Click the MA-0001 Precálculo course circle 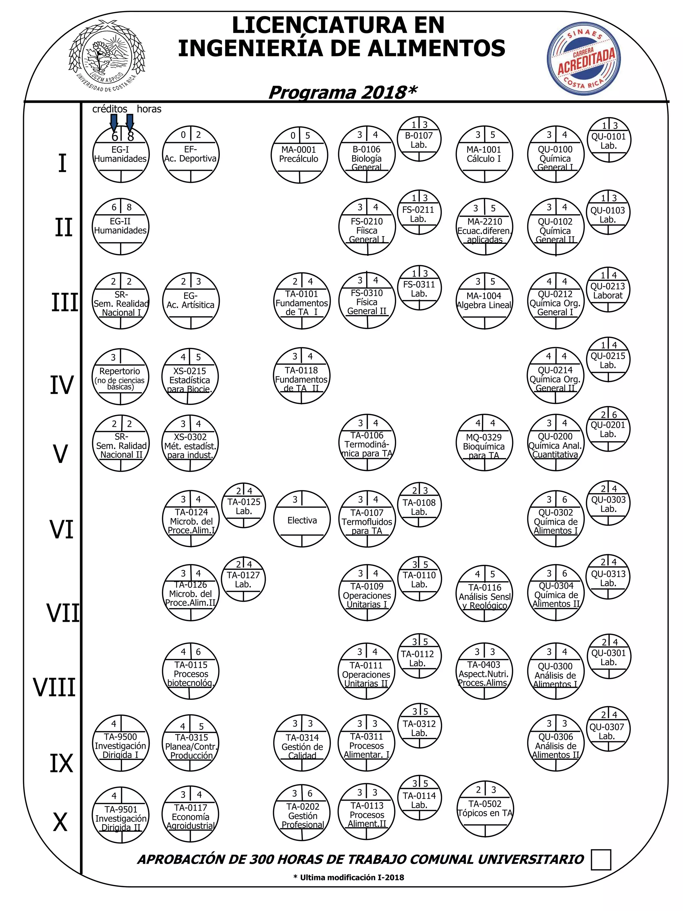point(299,154)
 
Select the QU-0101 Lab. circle point(609,140)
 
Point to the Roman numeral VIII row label point(54,688)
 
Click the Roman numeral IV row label point(62,385)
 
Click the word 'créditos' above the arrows point(109,109)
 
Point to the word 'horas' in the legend point(149,109)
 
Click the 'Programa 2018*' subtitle point(343,93)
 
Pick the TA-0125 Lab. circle point(243,506)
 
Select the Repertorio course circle point(120,377)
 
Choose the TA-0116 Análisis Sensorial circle point(485,593)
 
